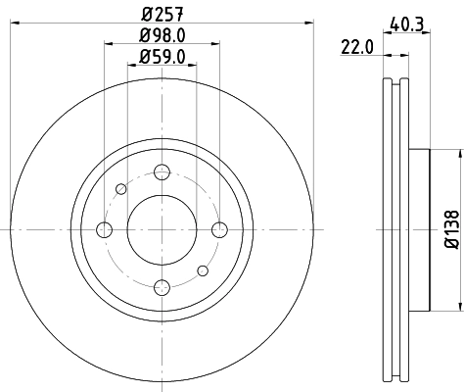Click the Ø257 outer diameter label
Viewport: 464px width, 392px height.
click(x=161, y=13)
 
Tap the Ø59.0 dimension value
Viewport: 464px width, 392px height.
click(x=161, y=57)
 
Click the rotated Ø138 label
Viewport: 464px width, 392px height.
click(x=451, y=228)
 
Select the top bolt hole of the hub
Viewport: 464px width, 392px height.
click(x=162, y=172)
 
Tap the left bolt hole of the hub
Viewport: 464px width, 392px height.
click(x=104, y=229)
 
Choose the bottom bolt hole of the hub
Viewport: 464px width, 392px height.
click(x=162, y=286)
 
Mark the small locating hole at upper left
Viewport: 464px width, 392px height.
click(x=121, y=188)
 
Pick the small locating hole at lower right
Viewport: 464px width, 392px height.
click(x=202, y=269)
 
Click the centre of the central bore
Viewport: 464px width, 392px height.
click(x=162, y=229)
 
